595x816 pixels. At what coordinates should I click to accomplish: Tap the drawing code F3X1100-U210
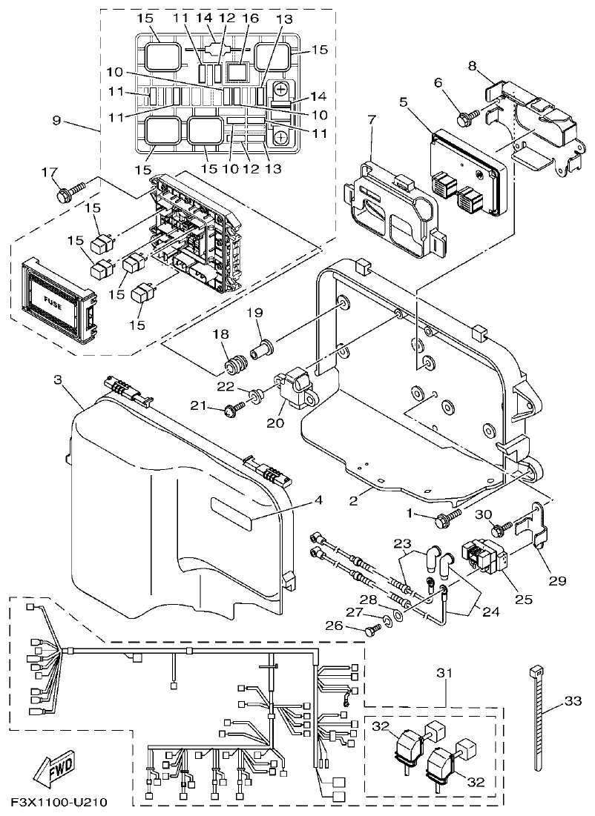59,803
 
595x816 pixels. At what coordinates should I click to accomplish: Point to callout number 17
49,173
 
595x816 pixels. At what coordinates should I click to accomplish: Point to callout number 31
444,673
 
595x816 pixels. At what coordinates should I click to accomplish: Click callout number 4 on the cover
318,501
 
